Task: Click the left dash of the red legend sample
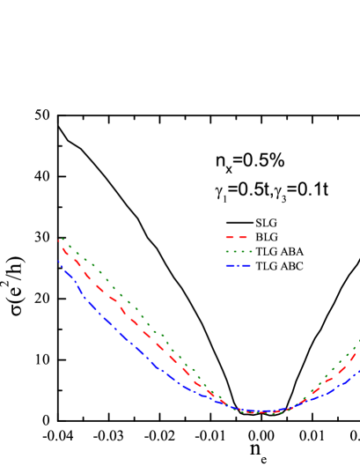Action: click(231, 237)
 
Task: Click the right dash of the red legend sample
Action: click(243, 237)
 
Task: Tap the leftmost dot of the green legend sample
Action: click(227, 251)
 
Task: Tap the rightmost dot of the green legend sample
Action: click(250, 251)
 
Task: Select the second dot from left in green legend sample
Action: click(235, 251)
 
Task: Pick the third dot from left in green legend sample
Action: click(242, 251)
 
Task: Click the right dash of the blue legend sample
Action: click(246, 265)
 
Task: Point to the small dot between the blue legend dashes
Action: click(239, 265)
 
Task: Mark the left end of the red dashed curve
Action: click(58, 240)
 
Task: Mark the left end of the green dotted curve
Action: click(62, 238)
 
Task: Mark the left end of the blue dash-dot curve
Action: click(59, 261)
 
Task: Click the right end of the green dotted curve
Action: click(359, 340)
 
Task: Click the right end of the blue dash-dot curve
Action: click(359, 370)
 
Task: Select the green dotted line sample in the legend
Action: click(239, 251)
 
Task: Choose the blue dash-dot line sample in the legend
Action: click(239, 265)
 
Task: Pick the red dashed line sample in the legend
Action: click(237, 237)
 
